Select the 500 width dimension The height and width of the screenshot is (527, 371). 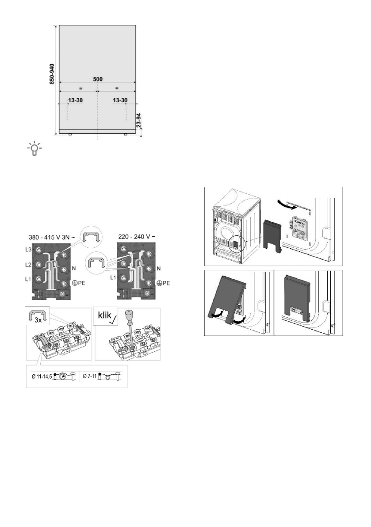98,79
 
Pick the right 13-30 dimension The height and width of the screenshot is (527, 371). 120,101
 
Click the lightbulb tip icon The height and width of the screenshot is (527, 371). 34,149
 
